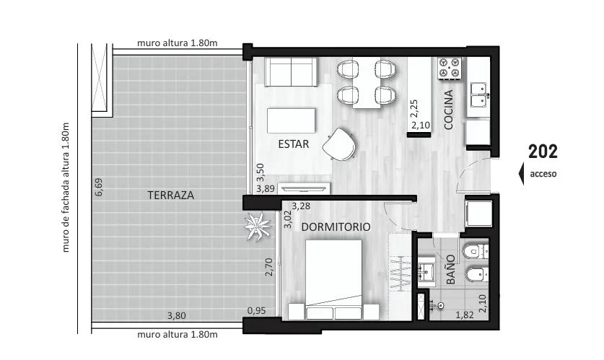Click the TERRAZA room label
170,196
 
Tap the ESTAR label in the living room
294,144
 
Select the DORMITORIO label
336,227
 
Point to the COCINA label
448,110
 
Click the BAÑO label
451,270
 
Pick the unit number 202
543,152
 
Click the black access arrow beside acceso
521,174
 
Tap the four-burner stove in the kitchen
450,68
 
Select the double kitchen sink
479,94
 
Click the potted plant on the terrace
257,227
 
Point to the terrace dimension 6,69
99,187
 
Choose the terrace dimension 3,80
176,316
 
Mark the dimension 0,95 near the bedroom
257,310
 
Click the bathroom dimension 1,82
465,315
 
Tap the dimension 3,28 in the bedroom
301,206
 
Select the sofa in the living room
292,72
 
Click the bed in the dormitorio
333,280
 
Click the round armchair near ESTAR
339,144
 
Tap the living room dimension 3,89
266,189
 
